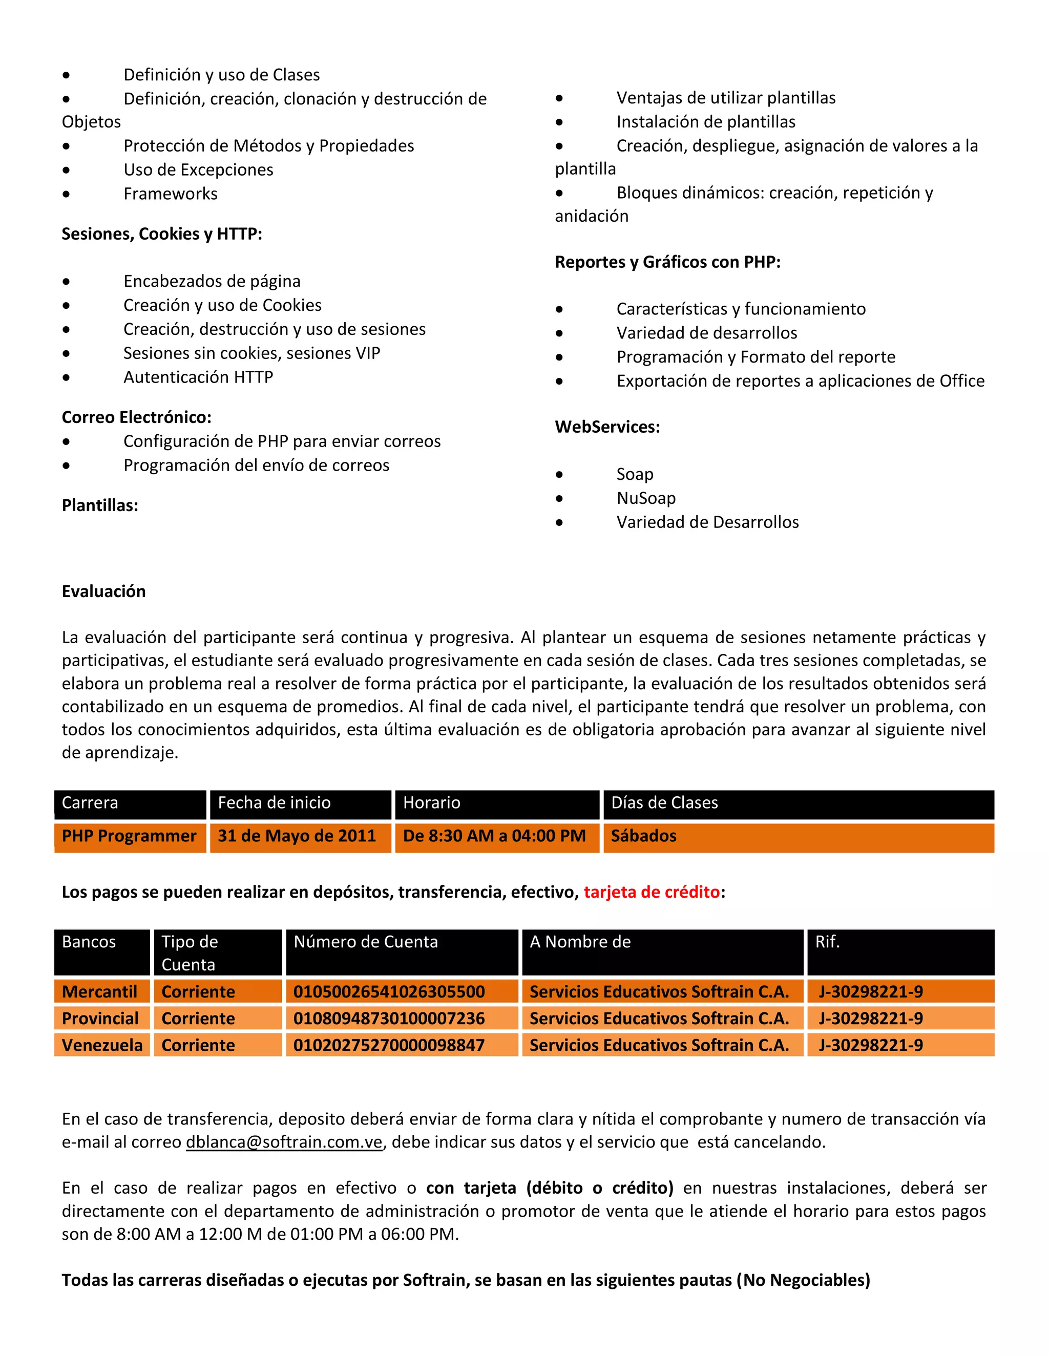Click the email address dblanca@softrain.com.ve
coord(284,1142)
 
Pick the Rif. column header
coord(827,942)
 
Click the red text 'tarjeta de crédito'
coord(652,892)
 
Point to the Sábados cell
coord(644,836)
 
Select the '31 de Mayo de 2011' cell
coord(297,836)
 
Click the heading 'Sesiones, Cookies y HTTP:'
coord(161,234)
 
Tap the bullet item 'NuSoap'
coord(646,498)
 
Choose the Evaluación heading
coord(104,591)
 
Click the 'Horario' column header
coord(432,803)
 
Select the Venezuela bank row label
coord(102,1045)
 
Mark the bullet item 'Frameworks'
coord(170,194)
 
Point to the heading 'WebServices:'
coord(607,427)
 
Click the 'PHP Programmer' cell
coord(129,836)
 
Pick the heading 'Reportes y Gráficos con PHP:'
coord(667,262)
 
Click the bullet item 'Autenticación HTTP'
coord(198,377)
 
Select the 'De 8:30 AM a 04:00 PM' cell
coord(494,836)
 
